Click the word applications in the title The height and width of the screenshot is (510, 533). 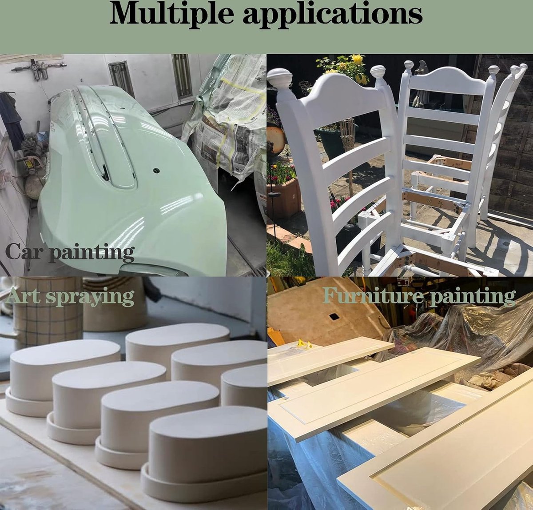click(x=333, y=16)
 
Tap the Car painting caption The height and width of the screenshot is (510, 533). click(x=70, y=252)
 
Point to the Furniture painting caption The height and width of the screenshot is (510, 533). click(x=419, y=296)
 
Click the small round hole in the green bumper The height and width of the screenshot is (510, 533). click(x=156, y=170)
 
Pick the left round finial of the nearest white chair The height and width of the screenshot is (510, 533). click(x=280, y=78)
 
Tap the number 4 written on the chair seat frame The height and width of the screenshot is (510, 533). click(x=440, y=204)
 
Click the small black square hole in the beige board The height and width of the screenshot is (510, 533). click(x=334, y=317)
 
